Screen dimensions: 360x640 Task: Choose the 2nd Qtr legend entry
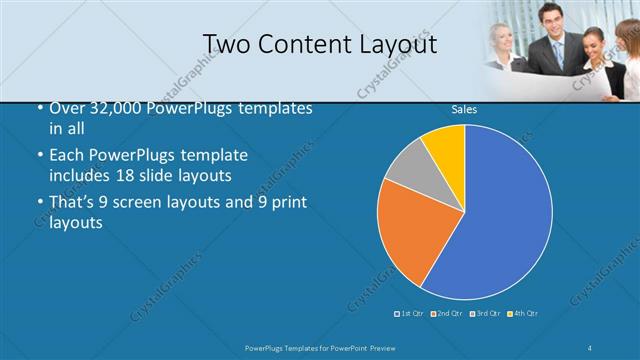(x=447, y=314)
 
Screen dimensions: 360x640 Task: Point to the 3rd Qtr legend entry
(x=485, y=314)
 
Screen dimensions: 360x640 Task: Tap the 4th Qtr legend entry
(x=523, y=314)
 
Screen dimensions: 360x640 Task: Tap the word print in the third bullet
(x=289, y=203)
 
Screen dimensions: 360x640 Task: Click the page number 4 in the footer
(x=590, y=347)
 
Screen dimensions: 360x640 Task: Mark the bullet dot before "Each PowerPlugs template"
(x=39, y=156)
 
